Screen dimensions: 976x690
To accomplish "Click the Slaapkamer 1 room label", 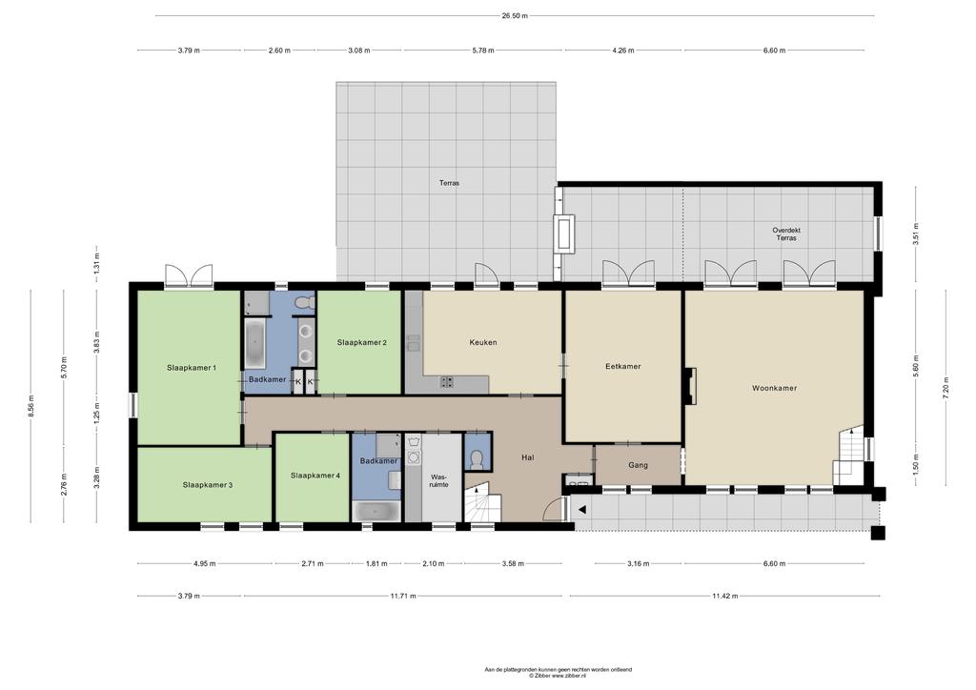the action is pos(191,368).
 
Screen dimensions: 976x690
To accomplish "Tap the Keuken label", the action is pos(483,342).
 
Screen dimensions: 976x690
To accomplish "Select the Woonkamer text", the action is pos(774,388).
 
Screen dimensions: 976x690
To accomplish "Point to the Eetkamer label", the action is pos(623,367).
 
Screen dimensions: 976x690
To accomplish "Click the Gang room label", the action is pos(638,465).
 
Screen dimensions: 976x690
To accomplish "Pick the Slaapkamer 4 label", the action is pos(315,476).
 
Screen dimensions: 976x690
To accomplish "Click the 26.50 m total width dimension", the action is pos(515,16).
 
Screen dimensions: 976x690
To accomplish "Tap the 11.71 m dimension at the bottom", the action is pos(403,596).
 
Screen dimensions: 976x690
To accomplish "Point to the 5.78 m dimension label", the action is pos(483,51).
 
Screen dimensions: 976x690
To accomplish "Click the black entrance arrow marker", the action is pos(582,510).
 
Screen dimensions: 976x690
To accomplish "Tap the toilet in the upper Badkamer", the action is pos(304,303).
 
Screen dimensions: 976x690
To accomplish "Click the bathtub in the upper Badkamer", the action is pos(255,343).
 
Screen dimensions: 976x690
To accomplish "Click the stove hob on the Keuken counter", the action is pos(447,381).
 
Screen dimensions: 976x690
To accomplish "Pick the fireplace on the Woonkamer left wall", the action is pos(689,386).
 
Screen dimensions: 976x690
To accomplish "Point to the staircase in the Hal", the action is pos(483,501).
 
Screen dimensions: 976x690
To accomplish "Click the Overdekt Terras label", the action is pos(786,233).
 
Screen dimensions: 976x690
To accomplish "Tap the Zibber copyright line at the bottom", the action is pos(558,675).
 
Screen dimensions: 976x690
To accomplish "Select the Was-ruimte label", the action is pos(438,480).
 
